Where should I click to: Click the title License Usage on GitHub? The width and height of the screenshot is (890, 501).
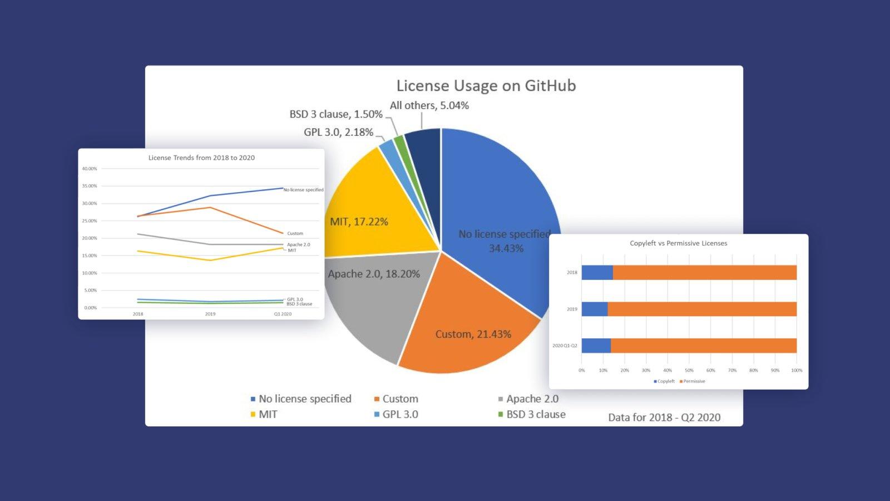486,86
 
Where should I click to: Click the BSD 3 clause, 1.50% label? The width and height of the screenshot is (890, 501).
335,114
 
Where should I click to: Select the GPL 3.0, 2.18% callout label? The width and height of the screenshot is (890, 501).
338,132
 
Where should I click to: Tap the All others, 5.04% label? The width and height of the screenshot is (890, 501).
429,105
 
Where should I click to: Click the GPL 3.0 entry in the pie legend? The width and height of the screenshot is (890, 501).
399,414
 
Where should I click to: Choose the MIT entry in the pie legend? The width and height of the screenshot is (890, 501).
268,414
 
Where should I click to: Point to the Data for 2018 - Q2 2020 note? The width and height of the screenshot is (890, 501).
664,417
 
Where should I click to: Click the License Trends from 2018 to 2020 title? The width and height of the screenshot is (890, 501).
201,158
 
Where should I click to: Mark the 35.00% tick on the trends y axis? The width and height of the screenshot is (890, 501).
90,186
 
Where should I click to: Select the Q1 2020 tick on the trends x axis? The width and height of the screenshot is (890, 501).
283,314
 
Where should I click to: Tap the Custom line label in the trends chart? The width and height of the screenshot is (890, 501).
295,233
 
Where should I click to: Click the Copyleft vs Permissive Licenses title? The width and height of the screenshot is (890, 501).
678,243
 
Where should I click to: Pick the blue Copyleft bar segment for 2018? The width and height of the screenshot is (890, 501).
597,273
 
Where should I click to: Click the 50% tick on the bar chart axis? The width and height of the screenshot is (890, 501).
689,370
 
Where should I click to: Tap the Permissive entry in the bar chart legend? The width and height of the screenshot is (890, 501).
694,381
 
